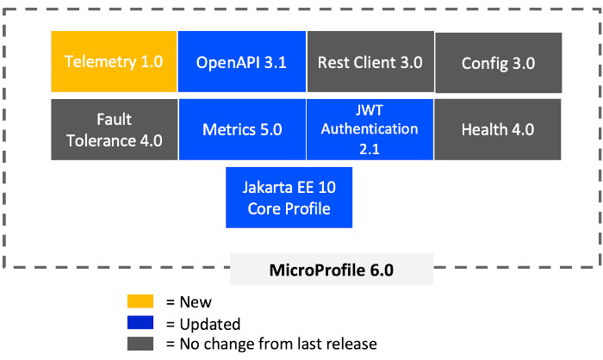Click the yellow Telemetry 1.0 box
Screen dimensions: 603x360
tap(114, 61)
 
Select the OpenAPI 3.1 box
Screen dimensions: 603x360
tap(242, 61)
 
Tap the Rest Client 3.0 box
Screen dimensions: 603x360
tap(370, 61)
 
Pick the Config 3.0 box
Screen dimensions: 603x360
tap(499, 63)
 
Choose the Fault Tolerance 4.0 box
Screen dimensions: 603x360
tap(115, 129)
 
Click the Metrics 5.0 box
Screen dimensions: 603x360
tap(242, 129)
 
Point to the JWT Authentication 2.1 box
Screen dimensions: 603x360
tap(370, 129)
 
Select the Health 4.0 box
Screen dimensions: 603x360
tap(498, 129)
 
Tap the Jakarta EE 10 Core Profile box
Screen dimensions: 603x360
tap(289, 197)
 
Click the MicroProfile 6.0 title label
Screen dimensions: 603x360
tap(332, 270)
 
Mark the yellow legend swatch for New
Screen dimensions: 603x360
tap(140, 301)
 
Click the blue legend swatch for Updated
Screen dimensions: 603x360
tap(140, 322)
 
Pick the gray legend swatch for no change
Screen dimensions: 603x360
tap(140, 344)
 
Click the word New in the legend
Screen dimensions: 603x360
tap(196, 302)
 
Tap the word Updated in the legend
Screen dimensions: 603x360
tap(210, 324)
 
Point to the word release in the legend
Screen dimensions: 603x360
tap(350, 344)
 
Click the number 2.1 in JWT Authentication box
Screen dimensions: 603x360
tap(370, 149)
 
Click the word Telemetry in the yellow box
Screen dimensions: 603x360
tap(101, 62)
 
